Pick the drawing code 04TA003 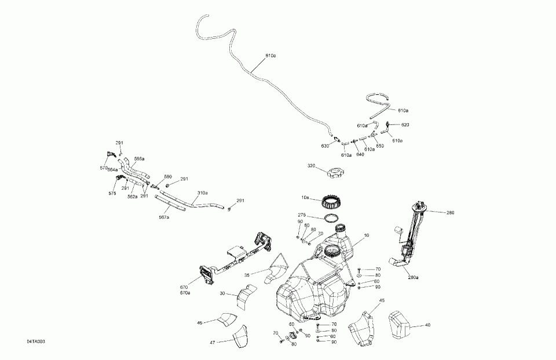[35, 342]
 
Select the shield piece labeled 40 [398, 325]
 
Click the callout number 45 [382, 300]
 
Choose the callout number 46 [200, 322]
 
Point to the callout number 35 [247, 275]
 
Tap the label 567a [164, 217]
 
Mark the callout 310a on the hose [203, 193]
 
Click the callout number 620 [405, 125]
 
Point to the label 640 [360, 154]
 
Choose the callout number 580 [168, 177]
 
